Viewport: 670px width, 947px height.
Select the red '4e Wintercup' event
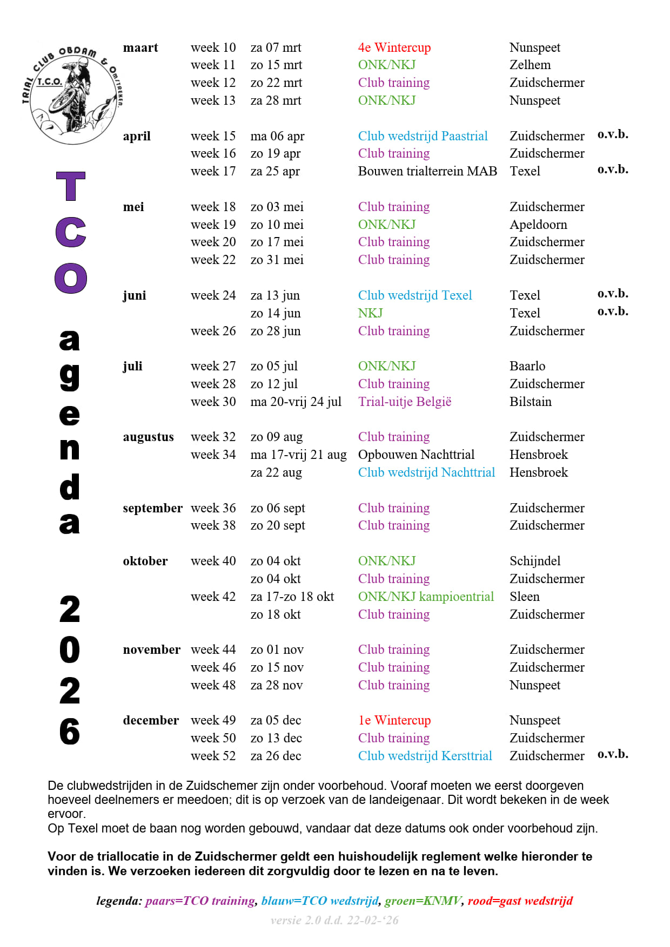click(394, 48)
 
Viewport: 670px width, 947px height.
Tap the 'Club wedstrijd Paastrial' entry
click(423, 136)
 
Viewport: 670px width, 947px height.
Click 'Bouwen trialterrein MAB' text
click(427, 171)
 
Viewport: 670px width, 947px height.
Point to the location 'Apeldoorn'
click(538, 225)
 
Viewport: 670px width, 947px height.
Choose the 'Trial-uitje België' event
click(404, 402)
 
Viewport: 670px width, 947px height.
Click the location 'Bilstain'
click(530, 402)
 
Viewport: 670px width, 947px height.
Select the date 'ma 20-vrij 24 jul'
click(296, 402)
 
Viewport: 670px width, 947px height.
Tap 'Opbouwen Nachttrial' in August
click(416, 455)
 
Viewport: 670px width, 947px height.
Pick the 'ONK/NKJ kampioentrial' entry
click(426, 597)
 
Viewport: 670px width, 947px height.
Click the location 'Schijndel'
click(534, 561)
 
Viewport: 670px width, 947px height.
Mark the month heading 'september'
click(152, 508)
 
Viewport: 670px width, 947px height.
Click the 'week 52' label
click(213, 756)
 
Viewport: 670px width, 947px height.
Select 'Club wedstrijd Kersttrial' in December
click(425, 756)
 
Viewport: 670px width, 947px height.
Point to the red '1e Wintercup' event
click(394, 720)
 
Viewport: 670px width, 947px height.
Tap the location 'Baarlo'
click(527, 366)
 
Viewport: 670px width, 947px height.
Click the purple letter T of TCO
click(71, 186)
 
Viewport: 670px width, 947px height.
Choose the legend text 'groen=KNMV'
click(423, 901)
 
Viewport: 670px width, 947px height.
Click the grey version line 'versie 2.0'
click(334, 920)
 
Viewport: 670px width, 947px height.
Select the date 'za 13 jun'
click(274, 295)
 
